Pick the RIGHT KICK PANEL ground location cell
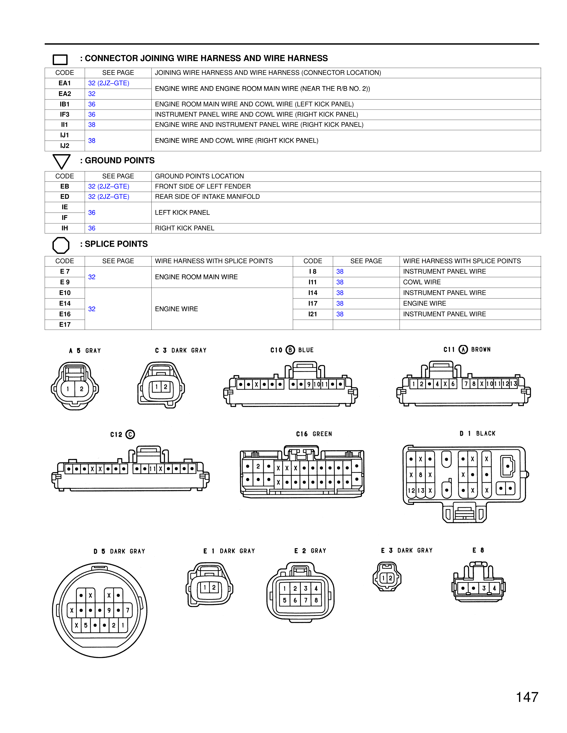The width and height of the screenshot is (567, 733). coord(184,228)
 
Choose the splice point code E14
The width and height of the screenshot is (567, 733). coord(65,303)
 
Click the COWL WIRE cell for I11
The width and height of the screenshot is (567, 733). coord(422,282)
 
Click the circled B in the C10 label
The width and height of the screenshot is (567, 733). coord(290,350)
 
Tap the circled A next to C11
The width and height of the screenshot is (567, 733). coord(463,350)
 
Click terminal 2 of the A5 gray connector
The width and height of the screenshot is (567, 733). coord(81,389)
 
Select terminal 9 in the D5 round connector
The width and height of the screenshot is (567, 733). coord(109,610)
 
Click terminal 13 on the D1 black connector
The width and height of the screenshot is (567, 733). coord(420,490)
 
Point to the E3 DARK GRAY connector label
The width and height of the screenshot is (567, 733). coord(406,550)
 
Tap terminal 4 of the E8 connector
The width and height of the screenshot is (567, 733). coord(494,588)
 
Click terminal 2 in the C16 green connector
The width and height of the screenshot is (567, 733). coord(258,466)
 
